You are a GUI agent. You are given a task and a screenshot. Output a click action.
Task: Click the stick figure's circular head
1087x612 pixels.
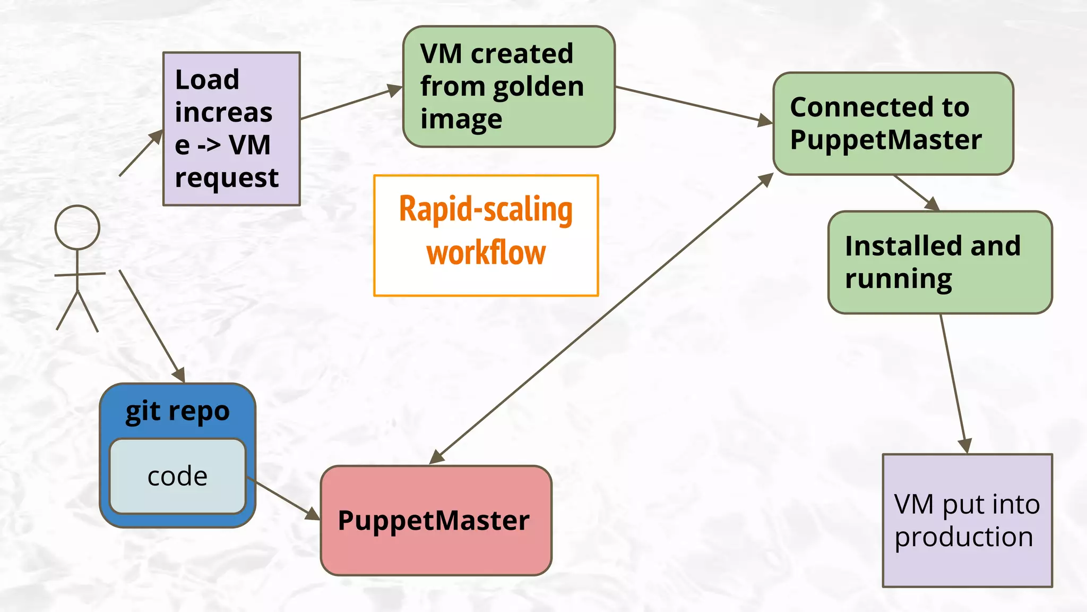point(77,227)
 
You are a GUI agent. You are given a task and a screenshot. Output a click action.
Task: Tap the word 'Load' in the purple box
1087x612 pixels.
point(207,80)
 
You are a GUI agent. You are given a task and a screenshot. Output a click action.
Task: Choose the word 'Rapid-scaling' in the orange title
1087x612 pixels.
point(486,209)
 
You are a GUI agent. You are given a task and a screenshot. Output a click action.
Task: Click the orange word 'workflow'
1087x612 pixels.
point(486,253)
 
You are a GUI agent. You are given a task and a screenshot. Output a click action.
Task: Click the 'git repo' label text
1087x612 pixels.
point(177,411)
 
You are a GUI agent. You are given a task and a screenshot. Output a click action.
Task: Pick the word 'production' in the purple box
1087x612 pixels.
point(964,537)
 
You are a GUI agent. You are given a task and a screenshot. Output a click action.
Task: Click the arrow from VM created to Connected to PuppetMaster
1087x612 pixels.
point(690,105)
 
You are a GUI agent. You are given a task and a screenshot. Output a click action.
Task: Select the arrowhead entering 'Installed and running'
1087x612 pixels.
point(932,204)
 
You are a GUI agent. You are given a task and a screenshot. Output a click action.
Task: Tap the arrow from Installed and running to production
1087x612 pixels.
point(954,382)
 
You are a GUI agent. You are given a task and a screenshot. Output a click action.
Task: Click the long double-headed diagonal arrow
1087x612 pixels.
point(600,319)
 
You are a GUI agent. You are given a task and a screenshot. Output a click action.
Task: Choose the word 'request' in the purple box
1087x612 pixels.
point(227,178)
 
